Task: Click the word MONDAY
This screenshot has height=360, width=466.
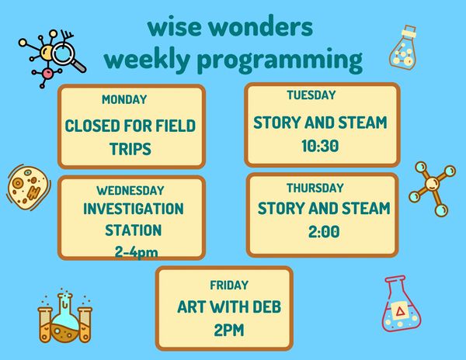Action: [x=124, y=99]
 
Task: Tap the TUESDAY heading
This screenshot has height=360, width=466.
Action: [x=311, y=95]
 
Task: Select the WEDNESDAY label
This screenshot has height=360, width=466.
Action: [x=130, y=191]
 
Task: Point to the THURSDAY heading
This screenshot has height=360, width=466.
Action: [x=315, y=188]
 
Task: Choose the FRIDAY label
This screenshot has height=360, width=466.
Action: [x=229, y=286]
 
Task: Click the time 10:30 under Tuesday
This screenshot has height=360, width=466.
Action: [x=320, y=146]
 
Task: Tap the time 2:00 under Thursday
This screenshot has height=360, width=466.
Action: [x=324, y=232]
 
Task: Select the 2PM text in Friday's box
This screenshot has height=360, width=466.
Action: [x=229, y=330]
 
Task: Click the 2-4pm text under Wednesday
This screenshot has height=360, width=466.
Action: [x=136, y=253]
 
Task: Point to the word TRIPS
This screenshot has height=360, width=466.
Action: [x=130, y=149]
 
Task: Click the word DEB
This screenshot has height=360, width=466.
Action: [x=266, y=307]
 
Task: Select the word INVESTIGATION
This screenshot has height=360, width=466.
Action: [x=133, y=209]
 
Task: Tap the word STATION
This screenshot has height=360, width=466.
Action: [x=133, y=230]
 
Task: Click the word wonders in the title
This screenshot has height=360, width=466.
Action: [x=260, y=27]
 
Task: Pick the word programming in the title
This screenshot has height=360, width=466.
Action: [x=280, y=61]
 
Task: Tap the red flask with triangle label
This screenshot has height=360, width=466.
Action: [x=401, y=303]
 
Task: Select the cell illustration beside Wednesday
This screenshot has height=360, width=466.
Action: [x=28, y=188]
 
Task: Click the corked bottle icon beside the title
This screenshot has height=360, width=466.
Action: [x=403, y=48]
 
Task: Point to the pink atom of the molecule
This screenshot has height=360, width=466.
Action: [x=47, y=73]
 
